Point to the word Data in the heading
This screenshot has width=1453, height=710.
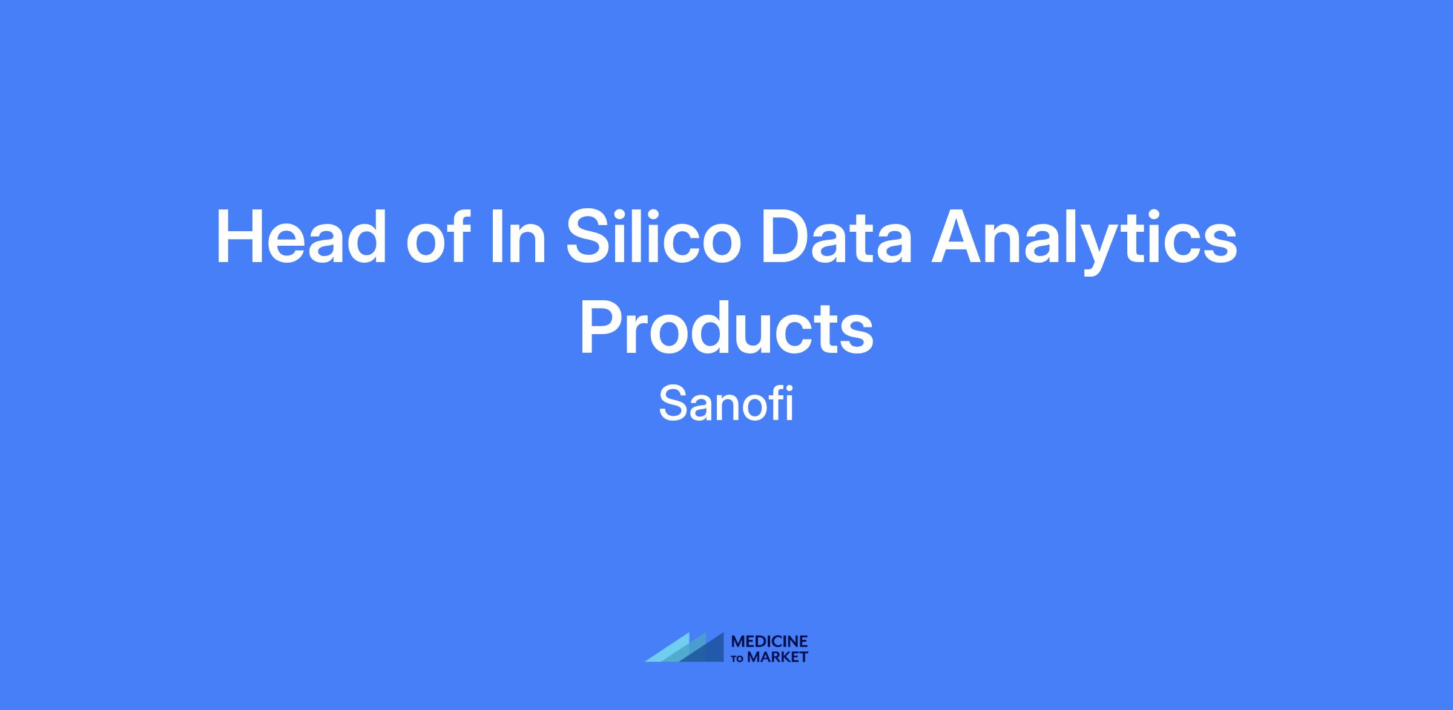(837, 237)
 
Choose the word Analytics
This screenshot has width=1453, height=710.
(1084, 241)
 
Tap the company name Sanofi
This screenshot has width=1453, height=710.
(726, 404)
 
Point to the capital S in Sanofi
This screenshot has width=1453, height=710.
(672, 404)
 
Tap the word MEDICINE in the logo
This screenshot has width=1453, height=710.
(769, 641)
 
